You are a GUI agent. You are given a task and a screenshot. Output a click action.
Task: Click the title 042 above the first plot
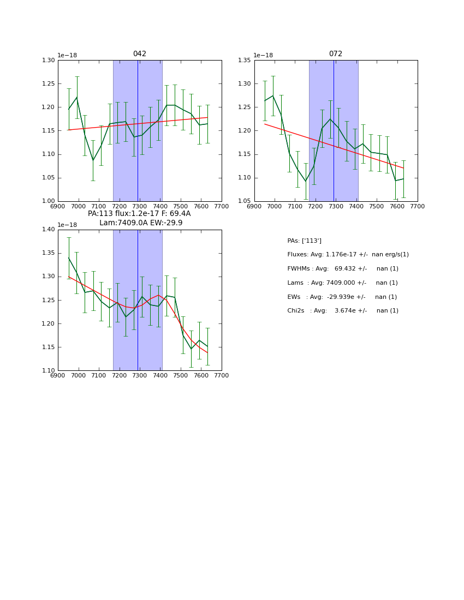click(x=139, y=54)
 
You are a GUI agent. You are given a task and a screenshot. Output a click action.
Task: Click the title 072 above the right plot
click(x=335, y=54)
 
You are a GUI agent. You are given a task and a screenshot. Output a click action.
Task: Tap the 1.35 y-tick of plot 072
click(x=245, y=61)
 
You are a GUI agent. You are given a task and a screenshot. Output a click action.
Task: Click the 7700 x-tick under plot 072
click(x=417, y=206)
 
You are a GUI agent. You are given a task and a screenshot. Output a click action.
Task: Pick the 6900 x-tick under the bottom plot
click(x=58, y=375)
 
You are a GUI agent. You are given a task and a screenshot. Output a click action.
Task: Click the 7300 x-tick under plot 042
click(x=139, y=206)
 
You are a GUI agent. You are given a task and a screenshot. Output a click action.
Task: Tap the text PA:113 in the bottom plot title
click(x=100, y=214)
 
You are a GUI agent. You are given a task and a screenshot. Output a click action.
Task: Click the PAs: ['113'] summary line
click(x=304, y=241)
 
